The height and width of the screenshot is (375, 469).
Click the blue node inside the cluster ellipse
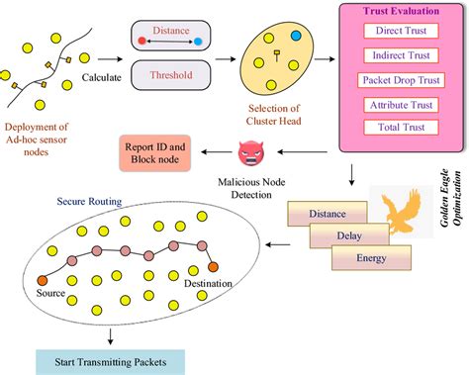tap(295, 36)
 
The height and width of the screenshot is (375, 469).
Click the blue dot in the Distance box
tap(198, 42)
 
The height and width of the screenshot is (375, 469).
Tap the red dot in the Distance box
tap(141, 42)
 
